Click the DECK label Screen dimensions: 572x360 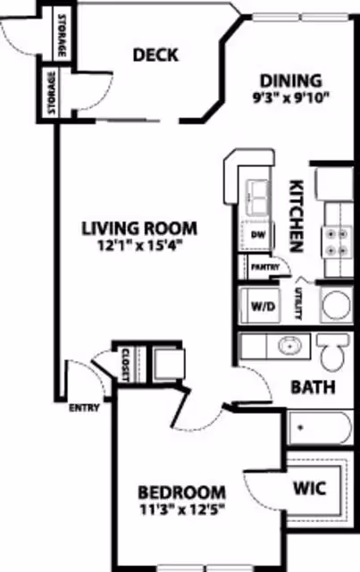(155, 55)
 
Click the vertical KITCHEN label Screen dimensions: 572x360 (298, 215)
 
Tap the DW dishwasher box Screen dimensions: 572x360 (259, 235)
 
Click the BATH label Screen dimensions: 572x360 (313, 388)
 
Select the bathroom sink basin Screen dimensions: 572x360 (289, 344)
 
